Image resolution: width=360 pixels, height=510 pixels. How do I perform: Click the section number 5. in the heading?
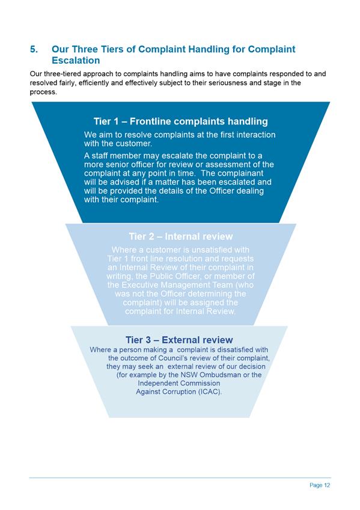tap(34, 49)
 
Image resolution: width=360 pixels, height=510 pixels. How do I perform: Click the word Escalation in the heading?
tap(76, 61)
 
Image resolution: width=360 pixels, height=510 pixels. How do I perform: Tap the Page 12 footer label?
tap(320, 485)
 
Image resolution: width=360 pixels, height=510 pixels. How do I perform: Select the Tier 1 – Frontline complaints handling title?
tap(181, 121)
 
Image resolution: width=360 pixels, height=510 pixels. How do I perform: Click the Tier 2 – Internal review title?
tap(181, 236)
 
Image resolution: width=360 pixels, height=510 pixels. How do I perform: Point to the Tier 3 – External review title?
tap(179, 340)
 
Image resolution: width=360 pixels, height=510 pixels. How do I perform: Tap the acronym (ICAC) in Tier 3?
tap(210, 392)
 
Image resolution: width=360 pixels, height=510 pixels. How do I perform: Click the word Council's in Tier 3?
tap(171, 358)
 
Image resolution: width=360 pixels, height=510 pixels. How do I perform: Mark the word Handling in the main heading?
tap(209, 49)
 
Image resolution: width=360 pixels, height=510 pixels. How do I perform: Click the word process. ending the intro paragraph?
tap(43, 92)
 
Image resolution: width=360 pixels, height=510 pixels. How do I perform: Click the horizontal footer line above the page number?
tap(180, 478)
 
